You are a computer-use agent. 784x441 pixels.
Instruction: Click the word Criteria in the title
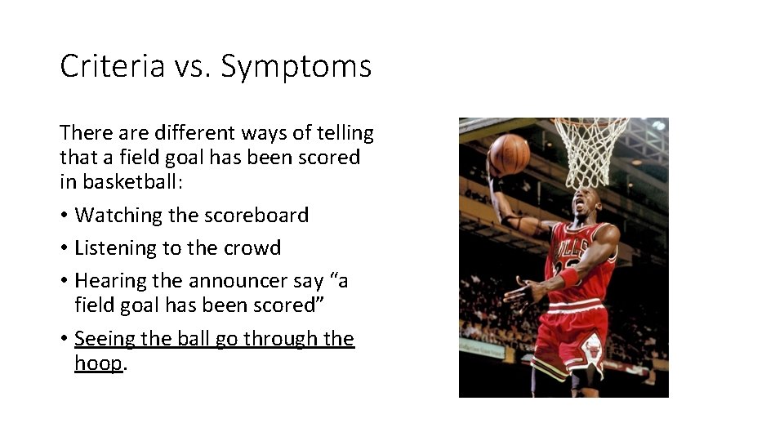click(112, 66)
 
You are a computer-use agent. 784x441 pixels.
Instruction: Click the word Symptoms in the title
click(296, 66)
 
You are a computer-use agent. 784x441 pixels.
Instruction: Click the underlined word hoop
click(97, 363)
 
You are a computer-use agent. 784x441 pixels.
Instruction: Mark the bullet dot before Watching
click(64, 216)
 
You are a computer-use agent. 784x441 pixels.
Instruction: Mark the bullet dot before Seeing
click(64, 339)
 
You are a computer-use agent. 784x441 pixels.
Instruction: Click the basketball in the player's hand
click(509, 154)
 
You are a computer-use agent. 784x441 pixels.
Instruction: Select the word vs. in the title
click(192, 66)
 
